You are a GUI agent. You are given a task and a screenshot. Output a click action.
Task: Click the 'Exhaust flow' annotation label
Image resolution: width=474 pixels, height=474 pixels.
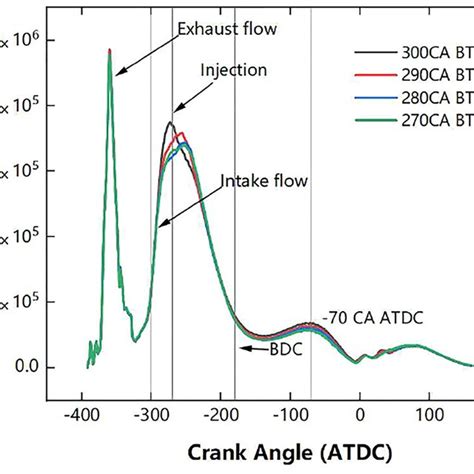pos(226,30)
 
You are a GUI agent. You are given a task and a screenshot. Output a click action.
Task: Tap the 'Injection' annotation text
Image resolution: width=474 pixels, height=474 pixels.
pos(233,70)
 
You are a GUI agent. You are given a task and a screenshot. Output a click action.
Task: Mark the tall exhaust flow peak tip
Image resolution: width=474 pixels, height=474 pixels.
pos(109,50)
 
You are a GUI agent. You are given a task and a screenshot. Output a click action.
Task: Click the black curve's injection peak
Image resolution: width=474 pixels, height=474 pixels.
pos(170,123)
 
